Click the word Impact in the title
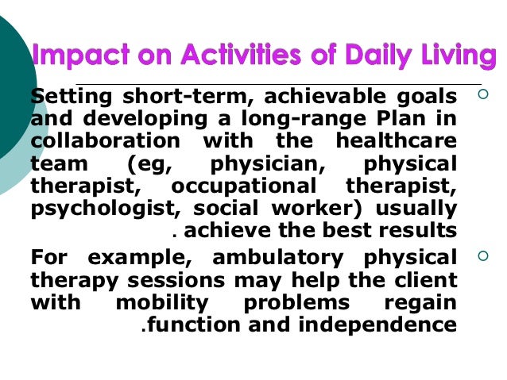point(75,57)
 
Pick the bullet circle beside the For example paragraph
point(482,257)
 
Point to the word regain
point(420,302)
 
